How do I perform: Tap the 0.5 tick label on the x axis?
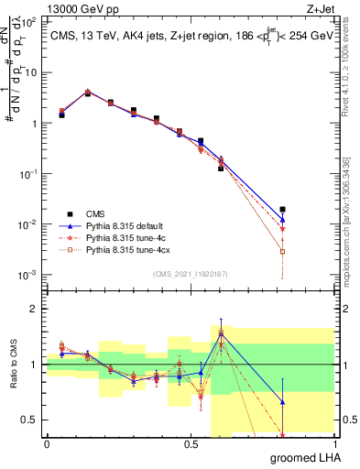[x=191, y=444]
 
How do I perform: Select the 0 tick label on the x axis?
[x=47, y=444]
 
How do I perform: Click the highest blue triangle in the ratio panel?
[x=221, y=334]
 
